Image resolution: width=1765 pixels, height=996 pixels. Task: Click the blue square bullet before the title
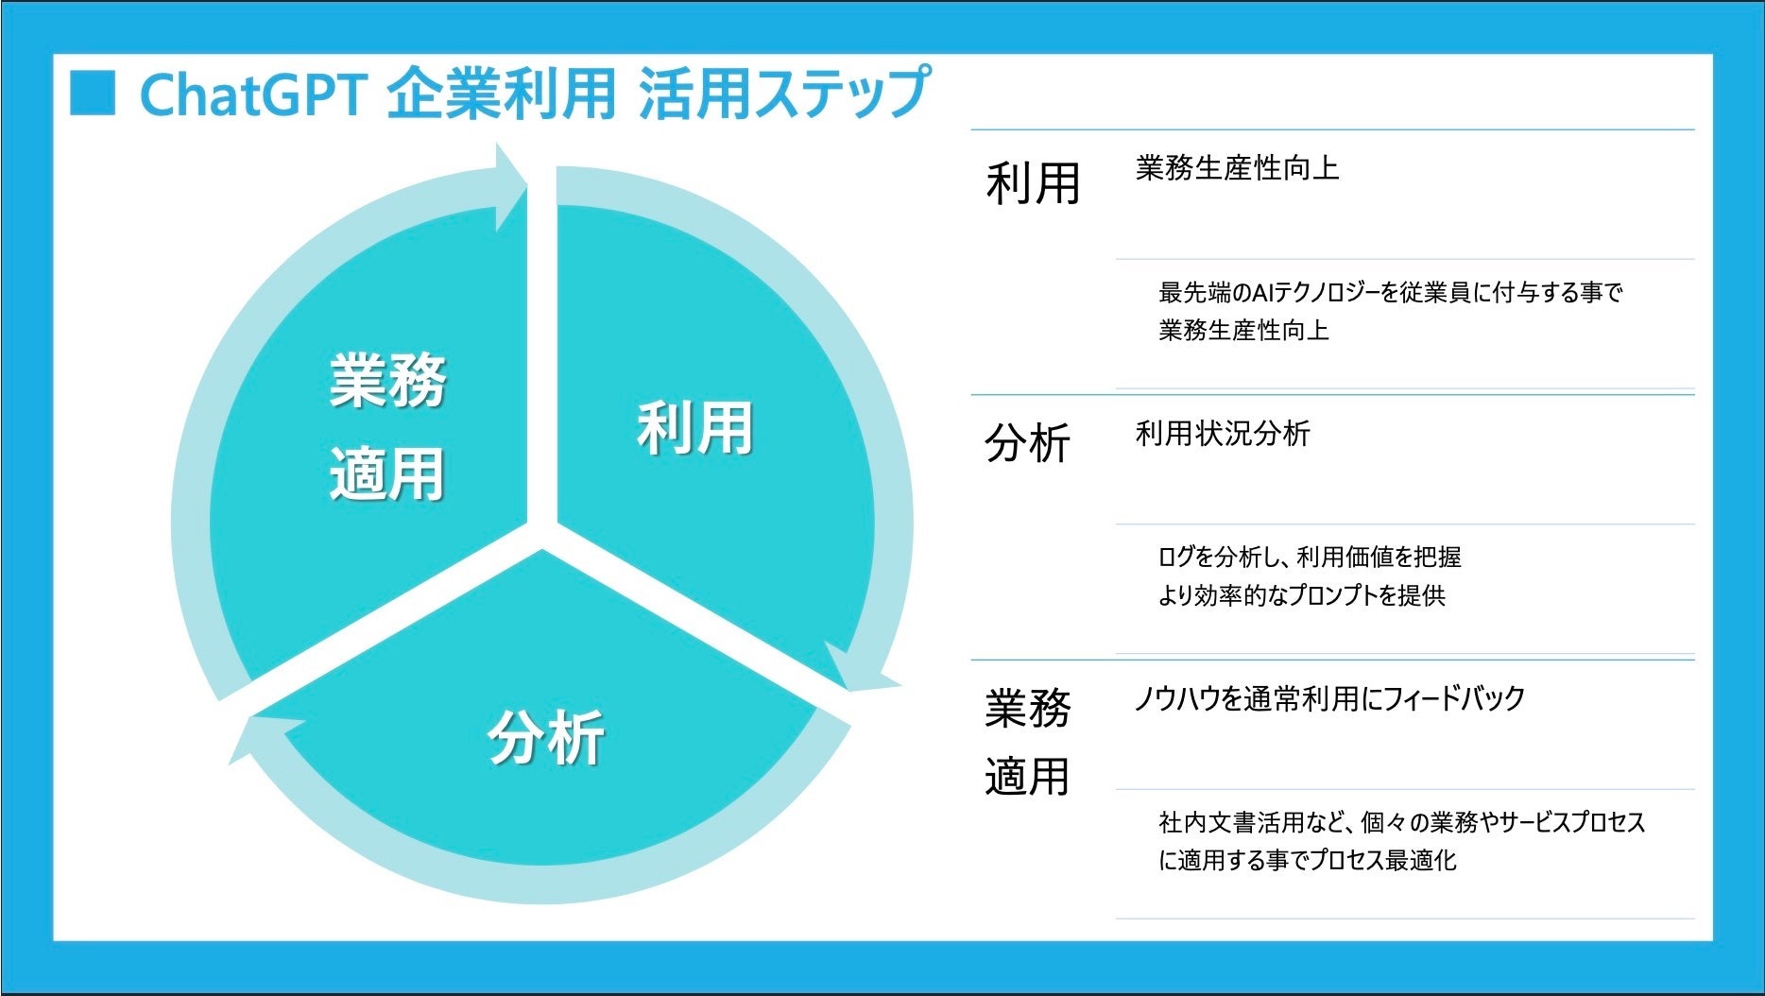(93, 93)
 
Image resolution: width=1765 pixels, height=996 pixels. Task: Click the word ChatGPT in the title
(253, 94)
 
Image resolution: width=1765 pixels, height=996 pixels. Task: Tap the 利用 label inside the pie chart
(694, 428)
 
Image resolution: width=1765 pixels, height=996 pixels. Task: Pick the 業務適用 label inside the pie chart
(387, 427)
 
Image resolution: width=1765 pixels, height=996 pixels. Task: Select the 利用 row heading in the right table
(1033, 183)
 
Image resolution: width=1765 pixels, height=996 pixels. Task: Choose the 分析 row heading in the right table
(1027, 443)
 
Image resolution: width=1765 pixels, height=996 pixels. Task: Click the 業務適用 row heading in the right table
(1027, 743)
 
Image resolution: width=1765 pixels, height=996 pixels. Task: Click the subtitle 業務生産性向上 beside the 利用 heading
(1237, 168)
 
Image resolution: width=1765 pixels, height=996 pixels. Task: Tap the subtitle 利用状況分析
(1223, 434)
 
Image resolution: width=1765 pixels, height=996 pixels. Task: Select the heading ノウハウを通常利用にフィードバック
(1329, 699)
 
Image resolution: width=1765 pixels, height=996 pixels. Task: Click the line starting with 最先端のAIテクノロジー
(1390, 293)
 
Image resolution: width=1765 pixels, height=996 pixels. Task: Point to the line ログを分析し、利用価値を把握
(1310, 558)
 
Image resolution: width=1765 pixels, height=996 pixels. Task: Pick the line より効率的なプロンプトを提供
(1302, 595)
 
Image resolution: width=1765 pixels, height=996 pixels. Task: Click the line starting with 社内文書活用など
(1402, 822)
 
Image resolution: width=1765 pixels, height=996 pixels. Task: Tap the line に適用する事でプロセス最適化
(1308, 860)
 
